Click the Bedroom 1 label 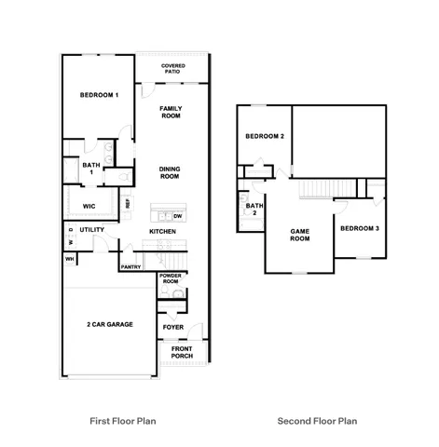(99, 96)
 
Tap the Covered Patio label (172, 68)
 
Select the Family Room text (170, 112)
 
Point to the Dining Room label (169, 172)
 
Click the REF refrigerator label (128, 202)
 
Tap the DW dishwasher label (177, 216)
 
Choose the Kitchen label (162, 231)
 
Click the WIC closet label (89, 206)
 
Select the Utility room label (91, 229)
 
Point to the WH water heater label (69, 259)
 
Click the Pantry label (130, 267)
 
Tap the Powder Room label (170, 278)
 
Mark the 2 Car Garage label (109, 324)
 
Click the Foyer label (173, 327)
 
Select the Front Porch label (182, 352)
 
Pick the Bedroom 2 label (264, 137)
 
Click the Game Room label (299, 235)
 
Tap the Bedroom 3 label (359, 228)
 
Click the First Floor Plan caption (122, 421)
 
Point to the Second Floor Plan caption (317, 421)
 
